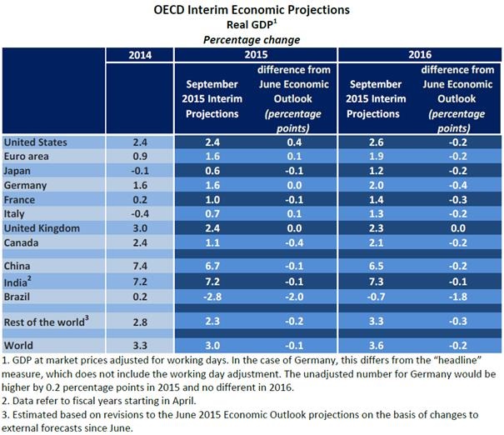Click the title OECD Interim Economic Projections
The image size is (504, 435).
click(252, 11)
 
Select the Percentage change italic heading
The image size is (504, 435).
click(251, 39)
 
